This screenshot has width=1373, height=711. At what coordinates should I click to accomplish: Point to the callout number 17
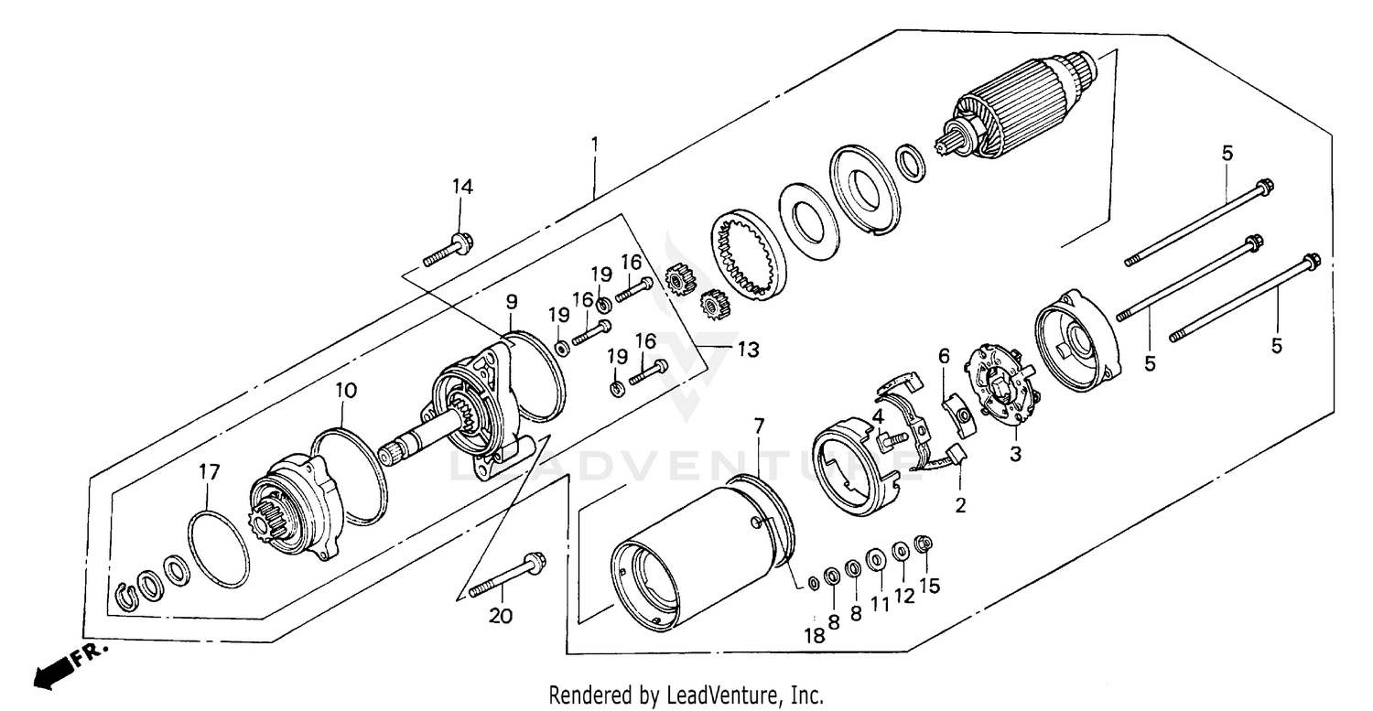point(209,472)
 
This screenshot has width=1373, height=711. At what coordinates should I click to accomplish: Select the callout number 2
point(960,504)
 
